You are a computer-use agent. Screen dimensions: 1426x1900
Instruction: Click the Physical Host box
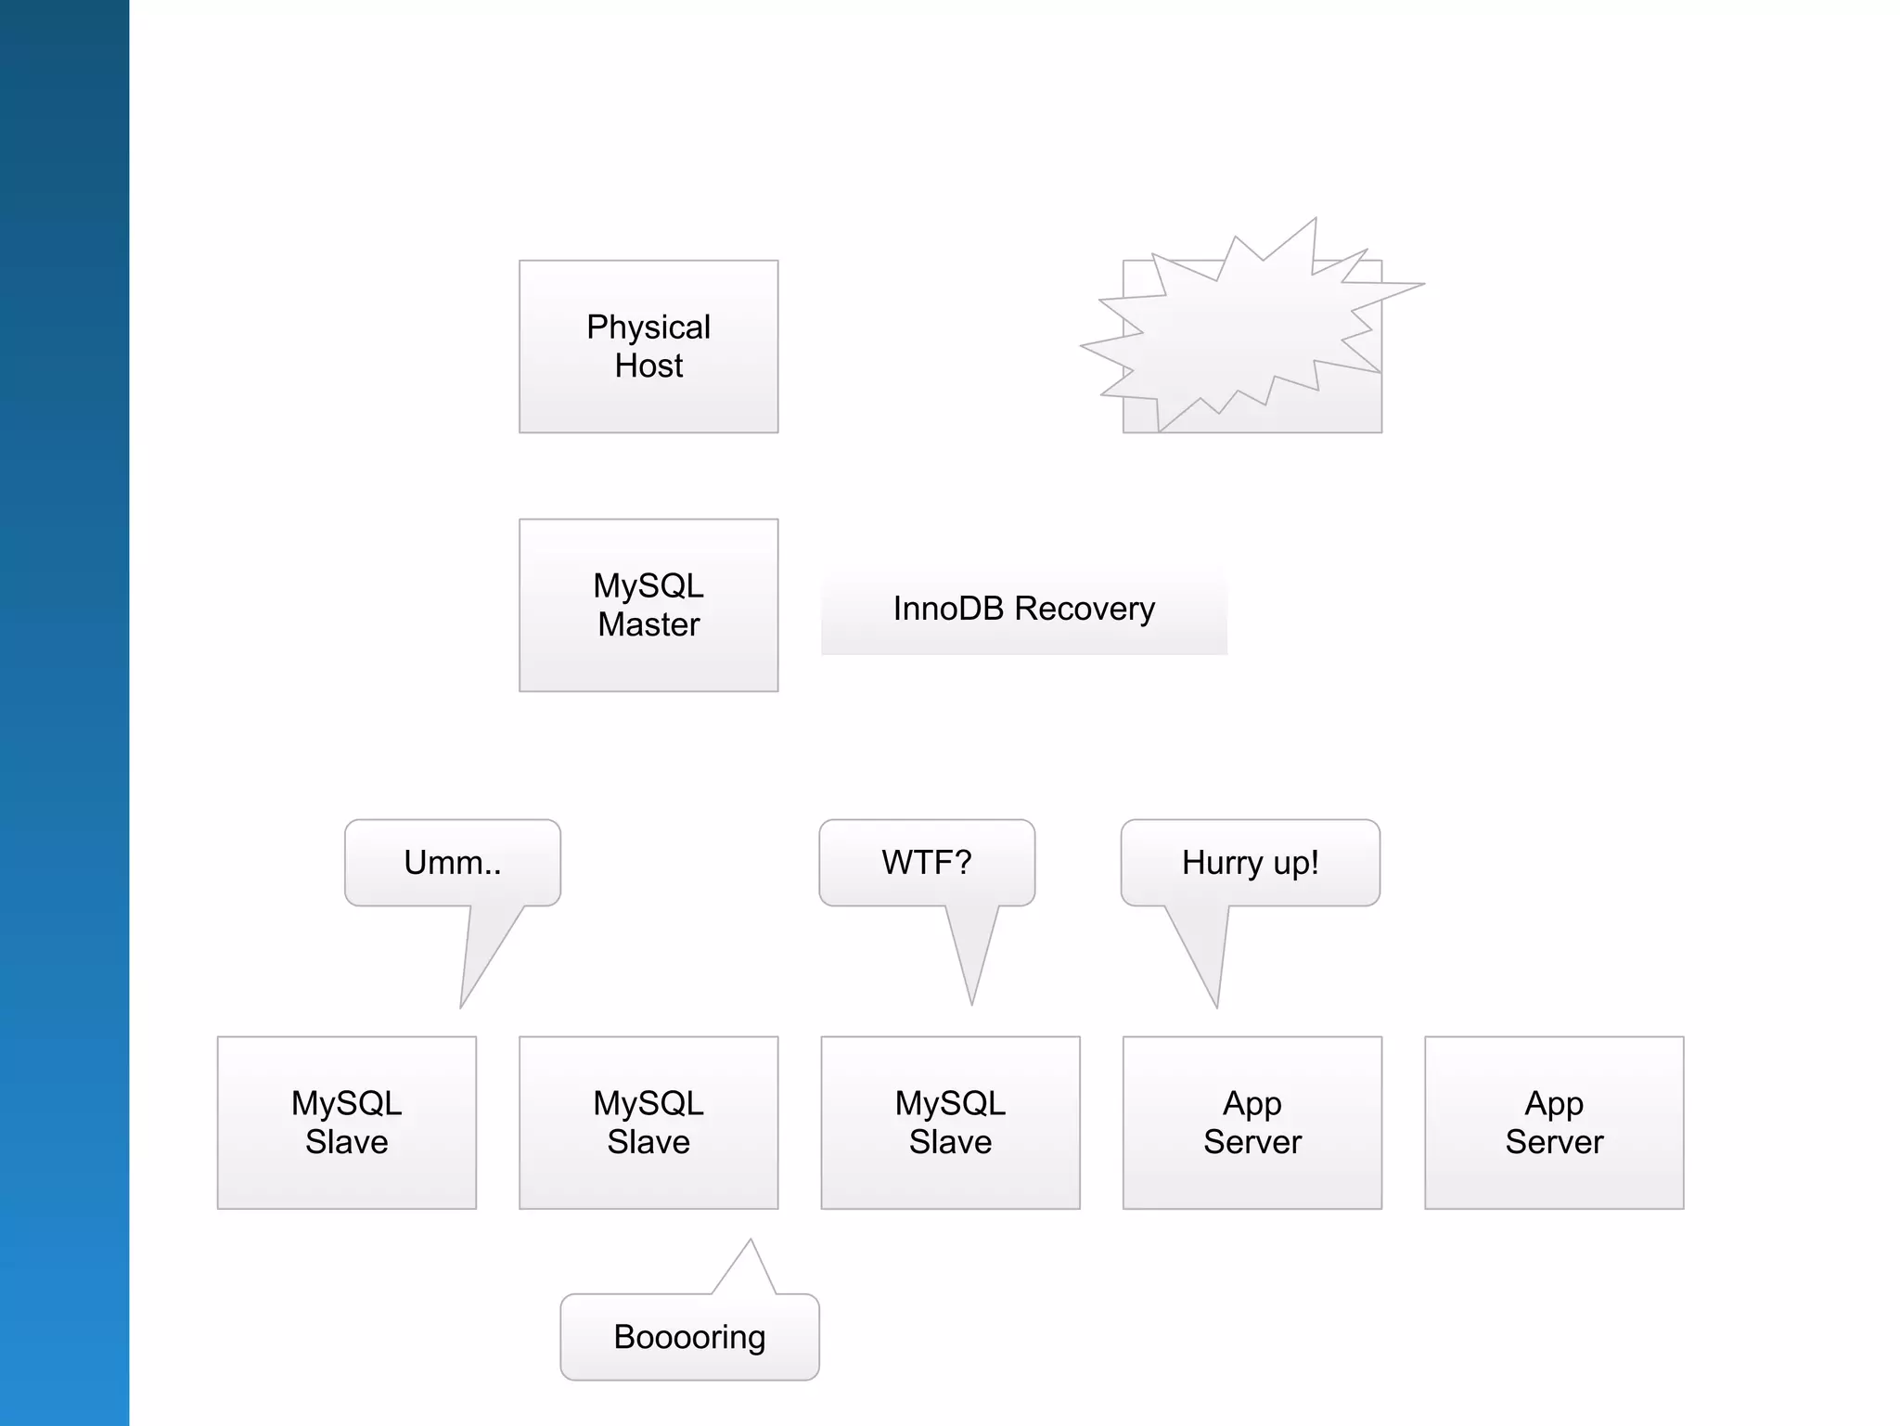(x=648, y=346)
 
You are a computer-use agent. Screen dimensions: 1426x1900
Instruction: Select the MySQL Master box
(x=648, y=605)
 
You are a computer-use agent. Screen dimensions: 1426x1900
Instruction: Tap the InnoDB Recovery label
(x=1023, y=609)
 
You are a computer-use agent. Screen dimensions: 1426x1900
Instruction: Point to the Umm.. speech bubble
(x=453, y=863)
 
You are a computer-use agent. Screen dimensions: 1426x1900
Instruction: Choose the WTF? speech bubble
(x=927, y=863)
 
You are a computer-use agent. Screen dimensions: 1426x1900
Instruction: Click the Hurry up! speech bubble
(x=1250, y=863)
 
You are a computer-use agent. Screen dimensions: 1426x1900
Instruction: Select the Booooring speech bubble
(x=689, y=1337)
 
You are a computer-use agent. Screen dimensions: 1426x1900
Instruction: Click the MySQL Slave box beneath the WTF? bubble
(x=950, y=1123)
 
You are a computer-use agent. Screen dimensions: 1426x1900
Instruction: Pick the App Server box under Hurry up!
(x=1252, y=1123)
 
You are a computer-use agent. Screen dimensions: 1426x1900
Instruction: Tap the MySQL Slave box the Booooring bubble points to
(x=648, y=1123)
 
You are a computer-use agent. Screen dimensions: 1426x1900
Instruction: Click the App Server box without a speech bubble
(x=1554, y=1123)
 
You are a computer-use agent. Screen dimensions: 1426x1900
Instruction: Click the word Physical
(x=648, y=328)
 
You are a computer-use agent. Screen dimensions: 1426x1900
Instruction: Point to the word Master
(x=648, y=625)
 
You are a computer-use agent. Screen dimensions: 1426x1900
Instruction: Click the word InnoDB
(x=948, y=609)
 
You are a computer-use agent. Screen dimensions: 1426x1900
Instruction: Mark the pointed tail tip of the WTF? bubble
(x=971, y=1003)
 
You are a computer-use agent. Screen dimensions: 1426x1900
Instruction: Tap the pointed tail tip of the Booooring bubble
(x=751, y=1240)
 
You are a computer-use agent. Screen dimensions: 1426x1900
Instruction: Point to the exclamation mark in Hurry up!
(x=1314, y=862)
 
